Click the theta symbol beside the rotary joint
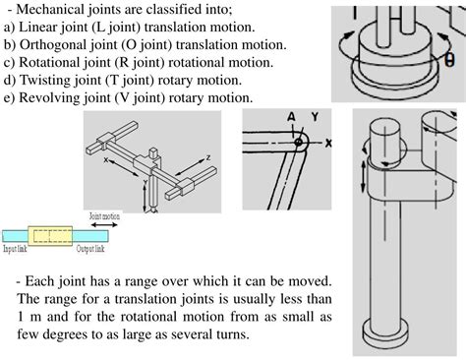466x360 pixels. click(449, 58)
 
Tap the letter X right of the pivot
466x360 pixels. click(328, 142)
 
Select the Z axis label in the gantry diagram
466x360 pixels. click(207, 157)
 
